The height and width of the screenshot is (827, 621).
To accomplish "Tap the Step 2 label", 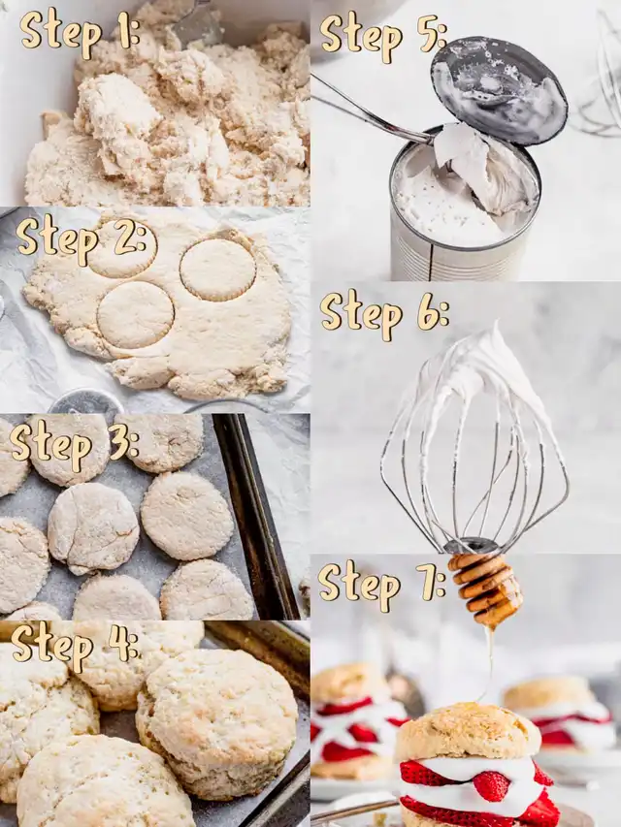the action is pos(81,239).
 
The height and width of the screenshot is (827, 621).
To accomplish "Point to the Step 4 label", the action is pos(76,649).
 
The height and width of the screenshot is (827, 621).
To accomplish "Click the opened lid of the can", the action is pos(499,88).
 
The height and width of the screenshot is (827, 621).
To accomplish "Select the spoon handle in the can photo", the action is pos(370,110).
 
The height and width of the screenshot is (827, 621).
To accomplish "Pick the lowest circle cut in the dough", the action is pos(136,315).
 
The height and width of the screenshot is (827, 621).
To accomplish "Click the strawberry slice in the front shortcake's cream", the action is pos(491,786).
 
